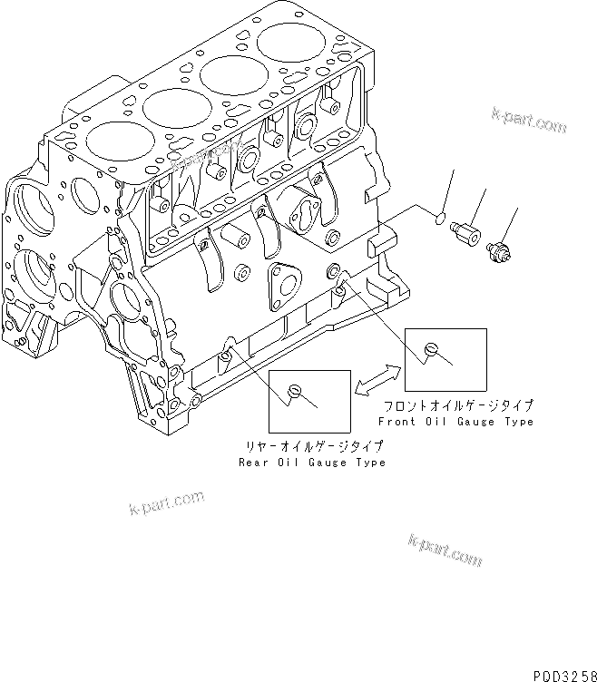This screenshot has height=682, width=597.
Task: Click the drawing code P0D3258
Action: (x=559, y=669)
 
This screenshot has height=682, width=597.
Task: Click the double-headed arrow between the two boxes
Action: (x=378, y=379)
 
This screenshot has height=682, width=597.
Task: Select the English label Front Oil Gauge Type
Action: (x=455, y=422)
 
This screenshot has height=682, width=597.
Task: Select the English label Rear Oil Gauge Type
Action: (x=311, y=463)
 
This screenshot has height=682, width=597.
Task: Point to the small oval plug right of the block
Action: (x=438, y=218)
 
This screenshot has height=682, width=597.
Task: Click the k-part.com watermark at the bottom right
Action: (x=445, y=550)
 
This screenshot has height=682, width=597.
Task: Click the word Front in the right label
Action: (x=396, y=422)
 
